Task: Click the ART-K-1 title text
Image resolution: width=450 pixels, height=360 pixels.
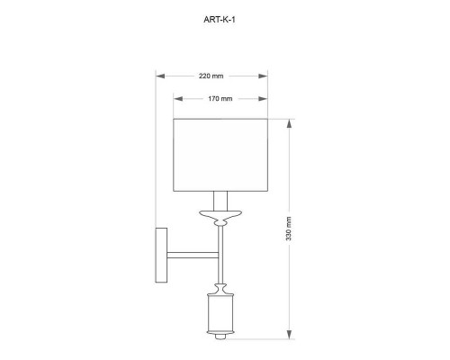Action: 220,20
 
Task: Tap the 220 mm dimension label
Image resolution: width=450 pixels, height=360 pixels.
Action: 211,76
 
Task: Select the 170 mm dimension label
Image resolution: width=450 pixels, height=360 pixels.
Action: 220,99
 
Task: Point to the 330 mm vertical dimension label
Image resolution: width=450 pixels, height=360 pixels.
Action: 289,229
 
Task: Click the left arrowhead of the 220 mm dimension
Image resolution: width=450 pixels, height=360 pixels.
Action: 160,76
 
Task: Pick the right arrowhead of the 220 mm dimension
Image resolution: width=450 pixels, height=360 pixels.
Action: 263,76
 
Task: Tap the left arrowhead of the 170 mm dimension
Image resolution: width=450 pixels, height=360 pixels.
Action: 178,99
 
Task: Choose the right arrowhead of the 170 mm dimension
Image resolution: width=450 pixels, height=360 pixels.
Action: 263,99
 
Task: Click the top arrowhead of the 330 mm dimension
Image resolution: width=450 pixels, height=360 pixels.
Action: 289,123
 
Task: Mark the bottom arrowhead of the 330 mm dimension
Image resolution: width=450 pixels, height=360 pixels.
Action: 289,335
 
